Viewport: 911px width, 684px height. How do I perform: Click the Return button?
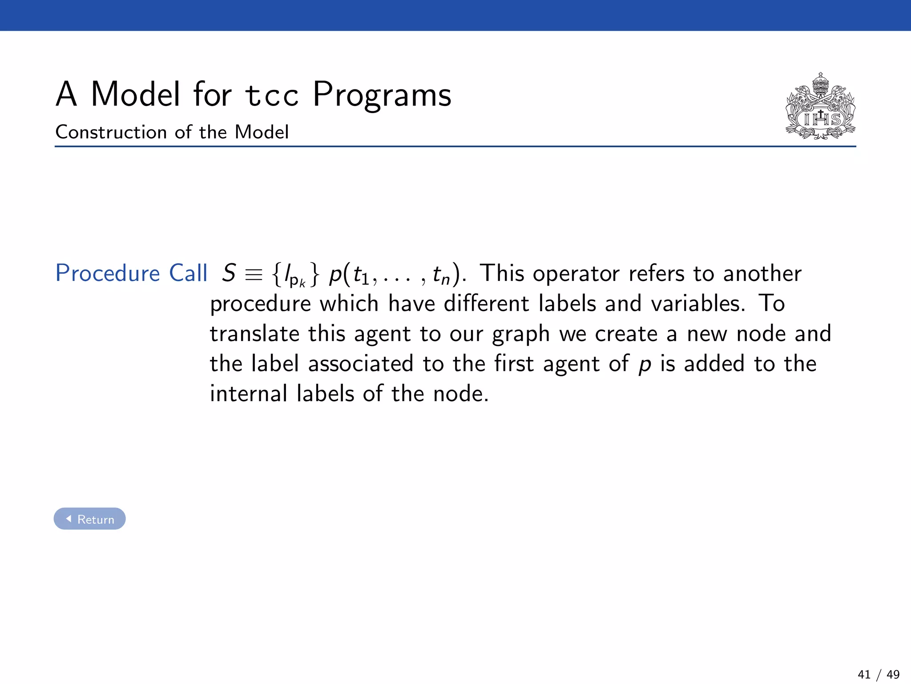(x=89, y=519)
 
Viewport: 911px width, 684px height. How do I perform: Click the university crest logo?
(x=820, y=107)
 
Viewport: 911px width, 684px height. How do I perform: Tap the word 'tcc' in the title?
(x=272, y=95)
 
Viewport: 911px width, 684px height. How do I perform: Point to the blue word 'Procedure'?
(x=107, y=273)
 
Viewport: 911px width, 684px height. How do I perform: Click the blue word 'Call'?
(x=188, y=273)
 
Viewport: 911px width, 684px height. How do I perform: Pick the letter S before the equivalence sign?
(x=229, y=273)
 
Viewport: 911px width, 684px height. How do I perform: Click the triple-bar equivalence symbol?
(x=254, y=274)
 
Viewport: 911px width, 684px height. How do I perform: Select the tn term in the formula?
(x=441, y=276)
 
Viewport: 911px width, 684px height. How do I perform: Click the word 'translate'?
(x=255, y=334)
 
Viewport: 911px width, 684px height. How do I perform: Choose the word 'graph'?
(x=521, y=334)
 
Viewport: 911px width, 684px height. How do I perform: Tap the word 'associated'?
(x=361, y=363)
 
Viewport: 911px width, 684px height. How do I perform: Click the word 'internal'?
(x=249, y=394)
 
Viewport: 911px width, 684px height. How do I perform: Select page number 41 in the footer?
(x=864, y=675)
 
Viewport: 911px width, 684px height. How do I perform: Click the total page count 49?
(x=893, y=675)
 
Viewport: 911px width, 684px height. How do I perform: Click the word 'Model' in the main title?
(x=136, y=94)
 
